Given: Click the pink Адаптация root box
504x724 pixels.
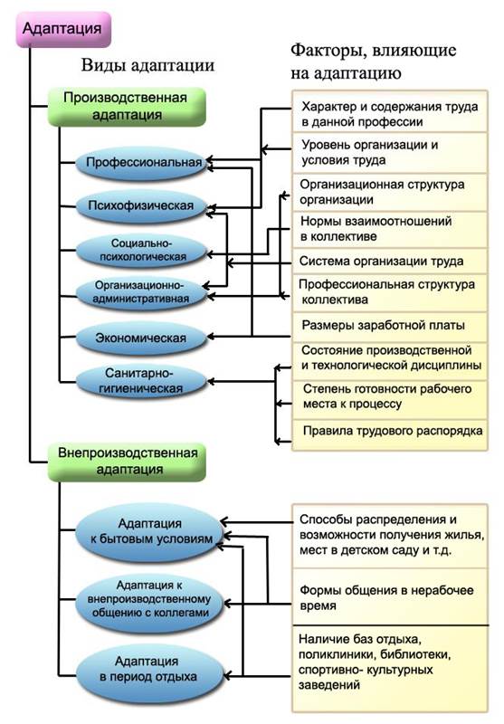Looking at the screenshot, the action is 63,29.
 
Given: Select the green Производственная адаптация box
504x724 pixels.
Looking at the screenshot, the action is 127,107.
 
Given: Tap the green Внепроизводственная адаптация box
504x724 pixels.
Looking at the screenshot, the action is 127,462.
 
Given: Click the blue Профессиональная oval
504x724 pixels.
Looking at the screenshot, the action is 142,163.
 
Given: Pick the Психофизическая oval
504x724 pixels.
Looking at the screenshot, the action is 142,206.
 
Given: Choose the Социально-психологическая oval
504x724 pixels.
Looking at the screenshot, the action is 142,251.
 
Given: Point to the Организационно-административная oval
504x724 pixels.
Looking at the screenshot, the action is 142,292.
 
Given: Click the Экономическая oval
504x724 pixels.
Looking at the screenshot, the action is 142,338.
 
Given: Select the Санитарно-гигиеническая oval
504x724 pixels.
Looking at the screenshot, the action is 142,381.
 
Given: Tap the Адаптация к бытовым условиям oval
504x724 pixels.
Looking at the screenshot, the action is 150,531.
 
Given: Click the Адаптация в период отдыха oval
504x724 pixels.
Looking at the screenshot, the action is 150,670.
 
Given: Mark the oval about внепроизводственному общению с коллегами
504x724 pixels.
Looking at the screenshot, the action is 150,599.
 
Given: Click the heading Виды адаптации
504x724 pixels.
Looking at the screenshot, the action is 147,65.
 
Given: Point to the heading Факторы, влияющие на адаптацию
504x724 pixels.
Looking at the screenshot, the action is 374,62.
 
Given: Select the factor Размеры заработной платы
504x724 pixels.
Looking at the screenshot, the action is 383,326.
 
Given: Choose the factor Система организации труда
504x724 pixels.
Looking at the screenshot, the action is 381,262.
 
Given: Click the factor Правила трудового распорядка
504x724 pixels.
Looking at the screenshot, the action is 393,432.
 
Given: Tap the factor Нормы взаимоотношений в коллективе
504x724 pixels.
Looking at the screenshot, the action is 376,229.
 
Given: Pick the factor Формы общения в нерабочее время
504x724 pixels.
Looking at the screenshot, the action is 386,598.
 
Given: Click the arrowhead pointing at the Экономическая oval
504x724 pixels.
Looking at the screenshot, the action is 211,337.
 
